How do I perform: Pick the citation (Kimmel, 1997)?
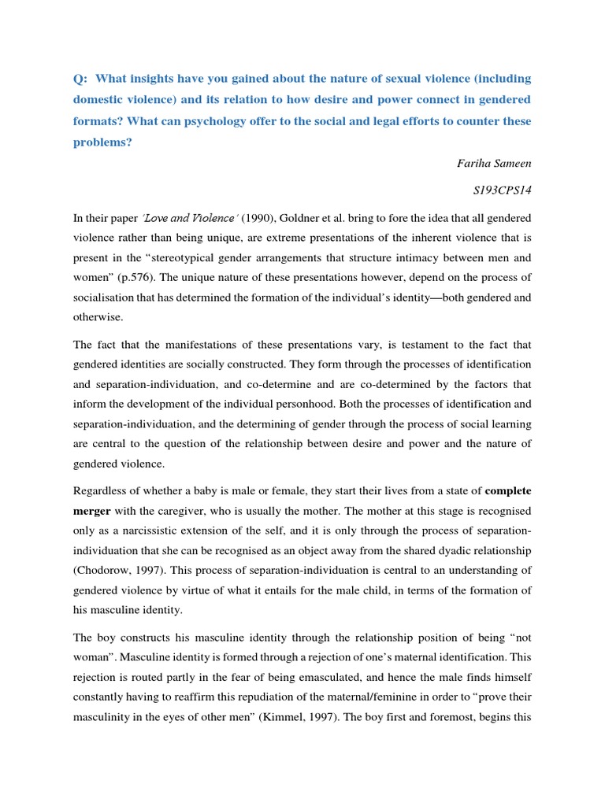(258, 719)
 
